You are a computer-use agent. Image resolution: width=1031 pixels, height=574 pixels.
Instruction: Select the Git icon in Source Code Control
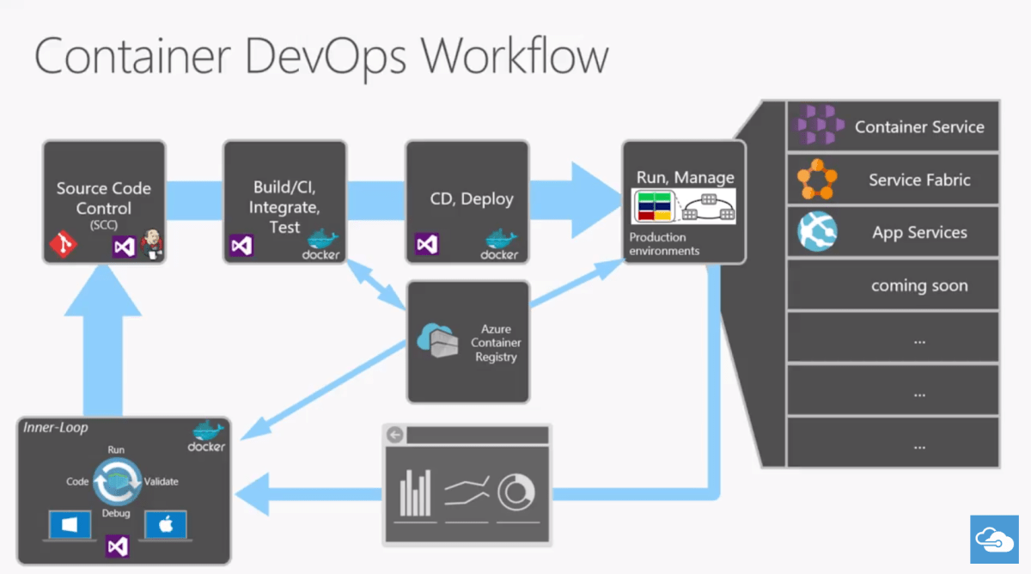(x=62, y=247)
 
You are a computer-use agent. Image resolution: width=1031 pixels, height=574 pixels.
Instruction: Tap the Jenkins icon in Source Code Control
(x=151, y=245)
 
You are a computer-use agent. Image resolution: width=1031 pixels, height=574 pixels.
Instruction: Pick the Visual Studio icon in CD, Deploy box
(x=427, y=245)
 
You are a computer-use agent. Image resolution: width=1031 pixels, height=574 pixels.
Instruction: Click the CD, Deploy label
(x=472, y=199)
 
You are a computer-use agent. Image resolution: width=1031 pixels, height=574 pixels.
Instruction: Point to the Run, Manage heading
(x=685, y=178)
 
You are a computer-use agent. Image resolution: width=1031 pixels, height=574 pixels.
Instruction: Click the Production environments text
(x=664, y=244)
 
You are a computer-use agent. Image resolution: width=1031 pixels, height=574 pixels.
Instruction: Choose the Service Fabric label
(x=919, y=180)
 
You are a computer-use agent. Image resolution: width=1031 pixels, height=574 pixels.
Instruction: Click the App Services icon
(x=817, y=232)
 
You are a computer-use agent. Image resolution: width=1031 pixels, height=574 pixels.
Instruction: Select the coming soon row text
(x=919, y=285)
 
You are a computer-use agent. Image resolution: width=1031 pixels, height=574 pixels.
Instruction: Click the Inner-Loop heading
(x=55, y=427)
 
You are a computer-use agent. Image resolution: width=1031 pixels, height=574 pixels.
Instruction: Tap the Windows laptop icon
(x=70, y=526)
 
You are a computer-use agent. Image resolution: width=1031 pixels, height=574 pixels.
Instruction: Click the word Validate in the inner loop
(x=162, y=482)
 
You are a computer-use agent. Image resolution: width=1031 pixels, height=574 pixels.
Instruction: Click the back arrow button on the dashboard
(x=395, y=435)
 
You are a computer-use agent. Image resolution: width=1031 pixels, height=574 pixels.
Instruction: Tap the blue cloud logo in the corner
(x=994, y=540)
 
